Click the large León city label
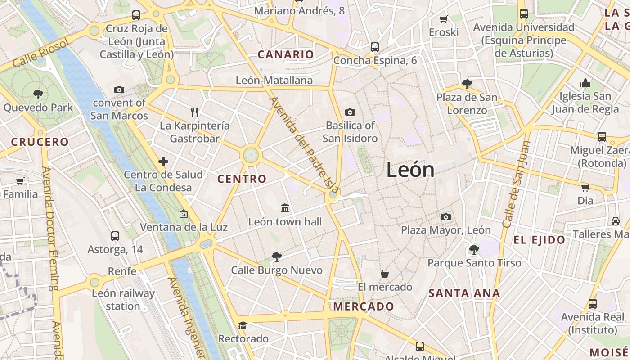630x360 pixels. pyautogui.click(x=410, y=170)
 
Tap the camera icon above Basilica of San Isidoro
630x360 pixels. pyautogui.click(x=350, y=112)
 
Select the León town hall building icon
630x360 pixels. pyautogui.click(x=285, y=208)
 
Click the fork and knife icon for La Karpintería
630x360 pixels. pyautogui.click(x=194, y=112)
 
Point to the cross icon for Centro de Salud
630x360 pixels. pyautogui.click(x=163, y=161)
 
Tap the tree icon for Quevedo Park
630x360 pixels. pyautogui.click(x=38, y=94)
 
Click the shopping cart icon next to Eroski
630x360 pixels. pyautogui.click(x=444, y=19)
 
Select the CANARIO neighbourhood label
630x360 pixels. pyautogui.click(x=285, y=55)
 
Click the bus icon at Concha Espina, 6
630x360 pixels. pyautogui.click(x=374, y=47)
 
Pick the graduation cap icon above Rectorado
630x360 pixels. pyautogui.click(x=243, y=325)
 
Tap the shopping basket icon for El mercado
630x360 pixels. pyautogui.click(x=385, y=273)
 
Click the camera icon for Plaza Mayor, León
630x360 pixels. pyautogui.click(x=445, y=217)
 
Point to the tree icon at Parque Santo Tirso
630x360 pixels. pyautogui.click(x=474, y=249)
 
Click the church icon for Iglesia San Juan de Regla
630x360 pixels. pyautogui.click(x=585, y=83)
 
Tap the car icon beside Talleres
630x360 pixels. pyautogui.click(x=615, y=220)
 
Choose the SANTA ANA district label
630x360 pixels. pyautogui.click(x=464, y=293)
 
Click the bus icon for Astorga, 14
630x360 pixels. pyautogui.click(x=115, y=236)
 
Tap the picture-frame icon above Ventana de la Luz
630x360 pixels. pyautogui.click(x=183, y=214)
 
